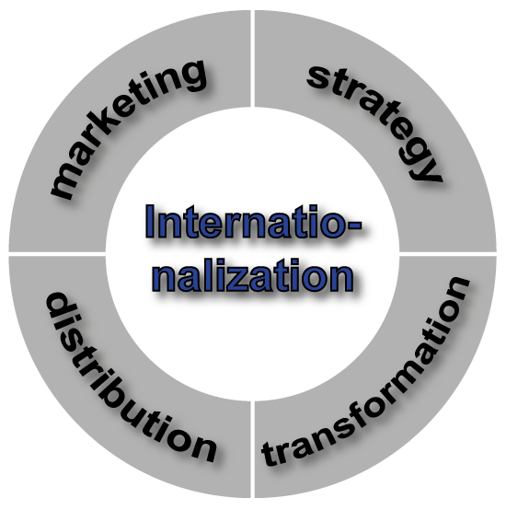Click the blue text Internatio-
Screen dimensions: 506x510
(253, 222)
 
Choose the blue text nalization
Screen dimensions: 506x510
(253, 275)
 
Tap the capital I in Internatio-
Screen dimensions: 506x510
(149, 222)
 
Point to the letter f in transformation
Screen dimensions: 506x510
(371, 406)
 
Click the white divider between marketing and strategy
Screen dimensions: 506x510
(252, 59)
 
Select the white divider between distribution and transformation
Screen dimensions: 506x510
(252, 449)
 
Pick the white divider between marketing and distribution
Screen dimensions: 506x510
(57, 254)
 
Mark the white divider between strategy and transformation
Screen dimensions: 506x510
(448, 254)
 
